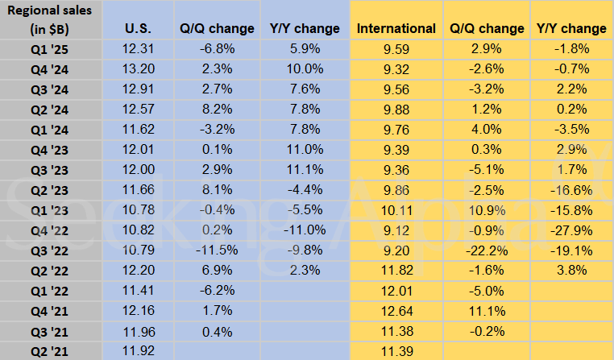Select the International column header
[x=396, y=28]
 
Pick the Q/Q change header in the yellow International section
[x=486, y=28]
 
